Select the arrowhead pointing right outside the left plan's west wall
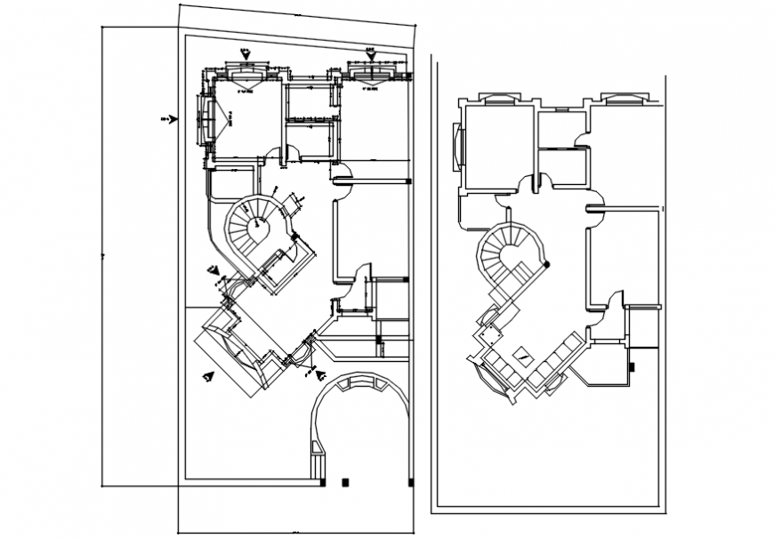click(x=173, y=118)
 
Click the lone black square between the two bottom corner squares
click(x=346, y=482)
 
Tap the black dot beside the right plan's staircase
click(x=546, y=264)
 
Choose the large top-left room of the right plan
click(x=498, y=146)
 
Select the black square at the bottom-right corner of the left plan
click(x=410, y=482)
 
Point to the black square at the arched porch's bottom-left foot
click(x=321, y=482)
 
